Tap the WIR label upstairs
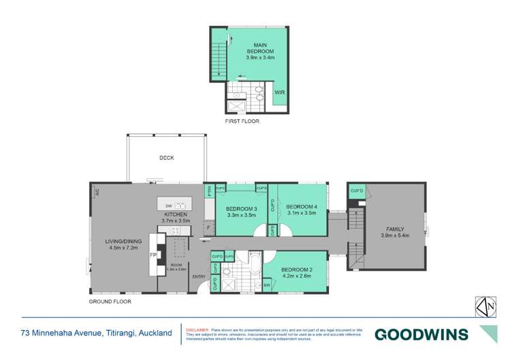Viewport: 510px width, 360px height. [279, 91]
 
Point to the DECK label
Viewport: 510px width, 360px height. [167, 158]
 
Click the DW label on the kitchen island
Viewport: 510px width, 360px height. [168, 205]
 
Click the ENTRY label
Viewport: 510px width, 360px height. [198, 277]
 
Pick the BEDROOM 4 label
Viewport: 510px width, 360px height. [301, 207]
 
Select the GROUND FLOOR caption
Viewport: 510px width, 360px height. [110, 301]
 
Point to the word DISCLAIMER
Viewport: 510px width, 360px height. [197, 327]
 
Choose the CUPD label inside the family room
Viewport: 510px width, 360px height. [356, 191]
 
